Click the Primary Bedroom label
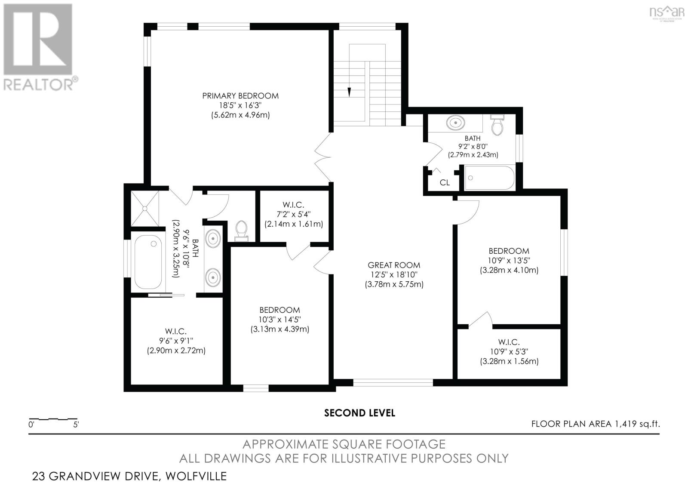point(240,96)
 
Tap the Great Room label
point(394,265)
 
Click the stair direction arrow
point(349,92)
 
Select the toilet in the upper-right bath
point(497,125)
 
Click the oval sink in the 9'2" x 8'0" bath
point(456,123)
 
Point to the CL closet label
point(445,183)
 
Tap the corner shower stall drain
point(145,209)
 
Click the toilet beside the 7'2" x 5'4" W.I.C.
point(241,231)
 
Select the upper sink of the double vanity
point(213,238)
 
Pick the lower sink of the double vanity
point(213,277)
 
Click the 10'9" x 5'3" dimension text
point(509,351)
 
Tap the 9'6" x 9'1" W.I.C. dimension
point(176,341)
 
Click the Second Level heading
point(359,413)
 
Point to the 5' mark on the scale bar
point(76,424)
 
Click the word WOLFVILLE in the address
point(196,476)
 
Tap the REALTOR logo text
point(39,84)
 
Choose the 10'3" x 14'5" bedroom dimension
point(279,320)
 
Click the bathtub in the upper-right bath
point(489,178)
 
